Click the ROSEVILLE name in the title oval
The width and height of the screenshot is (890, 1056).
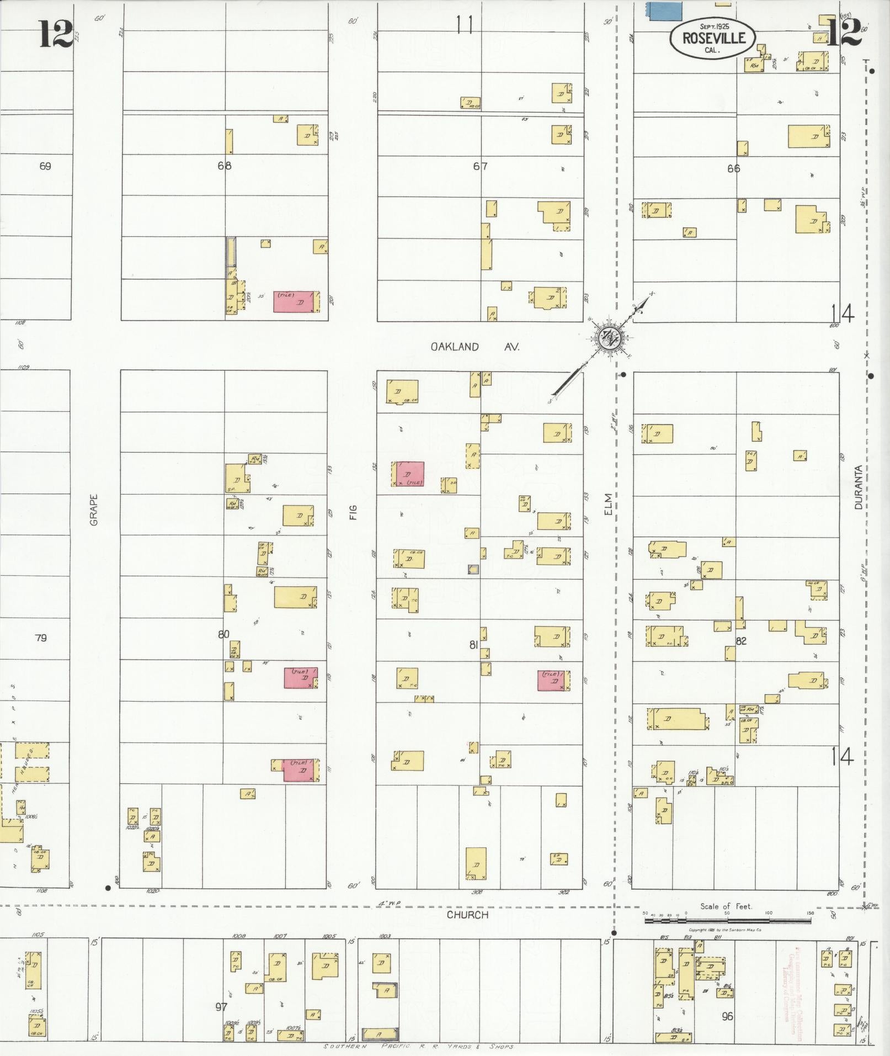pyautogui.click(x=713, y=38)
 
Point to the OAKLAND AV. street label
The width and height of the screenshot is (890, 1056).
pyautogui.click(x=475, y=347)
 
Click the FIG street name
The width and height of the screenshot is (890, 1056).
pyautogui.click(x=353, y=513)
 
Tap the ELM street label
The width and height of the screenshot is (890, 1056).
pyautogui.click(x=608, y=505)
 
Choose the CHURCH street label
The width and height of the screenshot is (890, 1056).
pyautogui.click(x=467, y=914)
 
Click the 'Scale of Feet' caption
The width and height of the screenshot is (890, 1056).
pyautogui.click(x=726, y=906)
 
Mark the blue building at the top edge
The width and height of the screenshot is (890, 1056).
pyautogui.click(x=663, y=11)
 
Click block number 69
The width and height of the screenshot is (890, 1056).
pyautogui.click(x=45, y=166)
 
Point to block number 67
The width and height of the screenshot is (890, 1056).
pyautogui.click(x=480, y=166)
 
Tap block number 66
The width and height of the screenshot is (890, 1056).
pyautogui.click(x=733, y=168)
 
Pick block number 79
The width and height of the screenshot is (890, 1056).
pyautogui.click(x=41, y=638)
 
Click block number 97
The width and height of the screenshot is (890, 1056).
pyautogui.click(x=221, y=1007)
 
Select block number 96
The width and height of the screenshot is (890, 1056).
pyautogui.click(x=727, y=1016)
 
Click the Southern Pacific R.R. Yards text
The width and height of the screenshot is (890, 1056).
pyautogui.click(x=419, y=1047)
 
